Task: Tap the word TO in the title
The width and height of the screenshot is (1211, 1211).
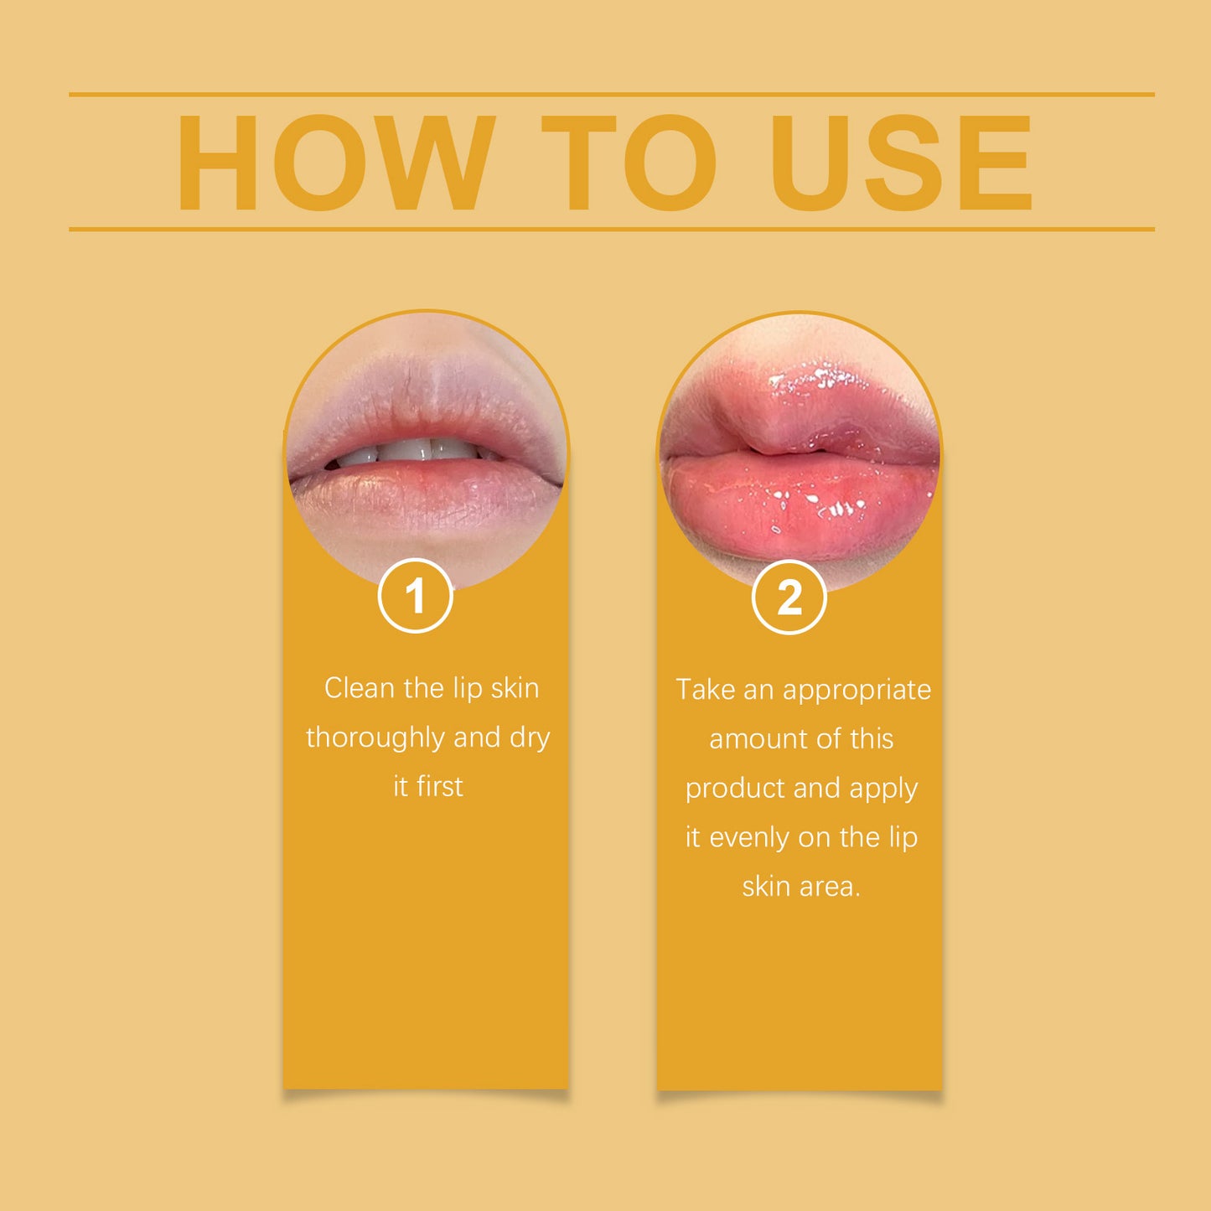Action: [x=629, y=163]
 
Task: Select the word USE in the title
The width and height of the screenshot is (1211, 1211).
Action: [x=902, y=163]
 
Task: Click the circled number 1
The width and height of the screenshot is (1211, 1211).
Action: [x=416, y=596]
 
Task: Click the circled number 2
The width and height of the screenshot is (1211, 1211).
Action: [x=789, y=598]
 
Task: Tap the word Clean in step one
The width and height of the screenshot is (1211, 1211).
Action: [x=359, y=688]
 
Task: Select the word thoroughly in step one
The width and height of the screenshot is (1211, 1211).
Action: [x=375, y=738]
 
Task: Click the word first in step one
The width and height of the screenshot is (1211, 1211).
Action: [x=440, y=787]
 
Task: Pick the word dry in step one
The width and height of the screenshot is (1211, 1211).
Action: [x=530, y=738]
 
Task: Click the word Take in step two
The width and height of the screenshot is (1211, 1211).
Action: [x=705, y=690]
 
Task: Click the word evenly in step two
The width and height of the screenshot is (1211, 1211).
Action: [x=750, y=837]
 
